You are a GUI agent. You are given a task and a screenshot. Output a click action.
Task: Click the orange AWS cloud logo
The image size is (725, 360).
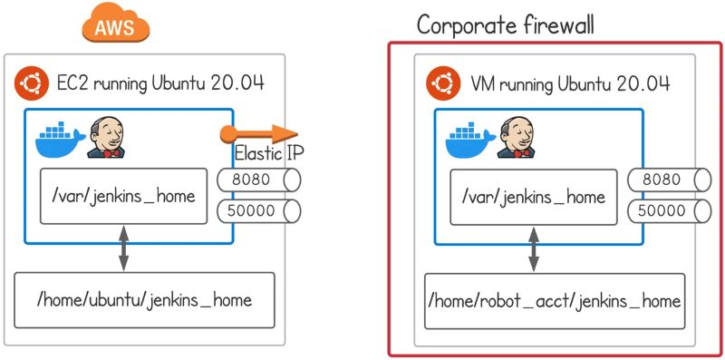click(115, 24)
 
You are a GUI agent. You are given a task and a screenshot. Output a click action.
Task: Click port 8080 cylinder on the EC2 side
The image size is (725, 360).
click(258, 180)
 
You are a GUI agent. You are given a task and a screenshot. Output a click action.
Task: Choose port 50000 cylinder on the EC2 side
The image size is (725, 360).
click(258, 211)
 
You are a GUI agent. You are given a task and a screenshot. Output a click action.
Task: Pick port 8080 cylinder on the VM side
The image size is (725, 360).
click(669, 180)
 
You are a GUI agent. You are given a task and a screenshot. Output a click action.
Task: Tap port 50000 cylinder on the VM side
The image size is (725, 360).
click(669, 211)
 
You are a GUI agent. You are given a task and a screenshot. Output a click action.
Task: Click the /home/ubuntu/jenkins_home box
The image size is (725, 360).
click(145, 299)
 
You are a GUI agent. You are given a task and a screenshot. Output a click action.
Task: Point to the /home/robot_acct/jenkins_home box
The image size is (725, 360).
click(556, 299)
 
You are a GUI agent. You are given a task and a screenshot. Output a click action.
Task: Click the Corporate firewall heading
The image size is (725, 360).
click(505, 24)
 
